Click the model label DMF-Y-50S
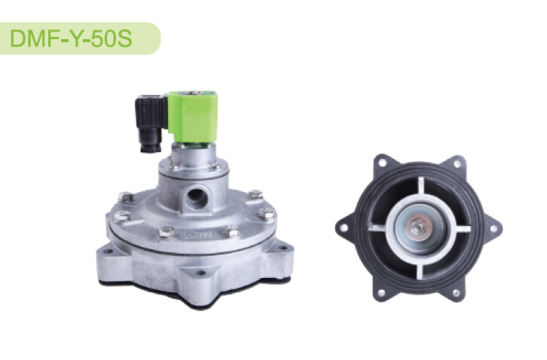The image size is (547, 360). [x=71, y=38]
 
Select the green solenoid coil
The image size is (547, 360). [x=193, y=117]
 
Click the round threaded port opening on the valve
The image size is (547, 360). [x=196, y=197]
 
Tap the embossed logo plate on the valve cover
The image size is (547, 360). [x=200, y=236]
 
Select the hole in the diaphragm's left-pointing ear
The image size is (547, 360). [x=344, y=227]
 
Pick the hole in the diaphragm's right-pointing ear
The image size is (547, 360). [x=494, y=229]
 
